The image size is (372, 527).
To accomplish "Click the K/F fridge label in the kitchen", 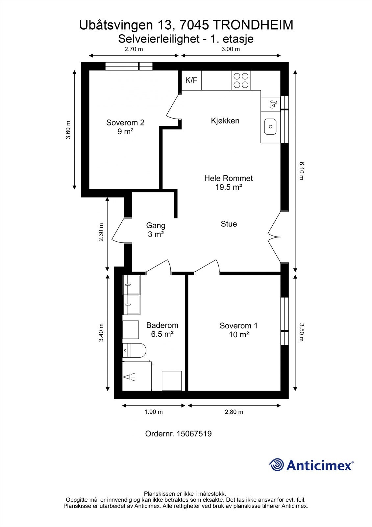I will pyautogui.click(x=191, y=80).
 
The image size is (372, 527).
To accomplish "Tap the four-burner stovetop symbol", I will pyautogui.click(x=241, y=80).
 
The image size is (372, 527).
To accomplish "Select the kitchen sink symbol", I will pyautogui.click(x=270, y=126).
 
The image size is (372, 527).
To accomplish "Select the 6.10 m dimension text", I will pyautogui.click(x=301, y=170).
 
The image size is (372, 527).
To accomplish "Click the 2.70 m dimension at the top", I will pyautogui.click(x=134, y=49).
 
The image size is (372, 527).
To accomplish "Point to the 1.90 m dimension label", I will pyautogui.click(x=153, y=412).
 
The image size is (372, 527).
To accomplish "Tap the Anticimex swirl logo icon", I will pyautogui.click(x=276, y=465).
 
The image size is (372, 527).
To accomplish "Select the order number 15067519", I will pyautogui.click(x=194, y=434).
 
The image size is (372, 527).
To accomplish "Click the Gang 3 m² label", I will pyautogui.click(x=156, y=230).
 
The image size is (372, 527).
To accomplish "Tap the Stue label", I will pyautogui.click(x=229, y=224).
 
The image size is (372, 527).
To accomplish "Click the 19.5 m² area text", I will pyautogui.click(x=229, y=187).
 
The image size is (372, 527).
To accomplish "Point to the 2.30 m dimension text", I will pyautogui.click(x=101, y=233).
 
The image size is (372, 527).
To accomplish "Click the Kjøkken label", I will pyautogui.click(x=225, y=121).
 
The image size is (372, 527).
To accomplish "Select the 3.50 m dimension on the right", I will pyautogui.click(x=301, y=332).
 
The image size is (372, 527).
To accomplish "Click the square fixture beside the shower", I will pyautogui.click(x=172, y=381).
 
